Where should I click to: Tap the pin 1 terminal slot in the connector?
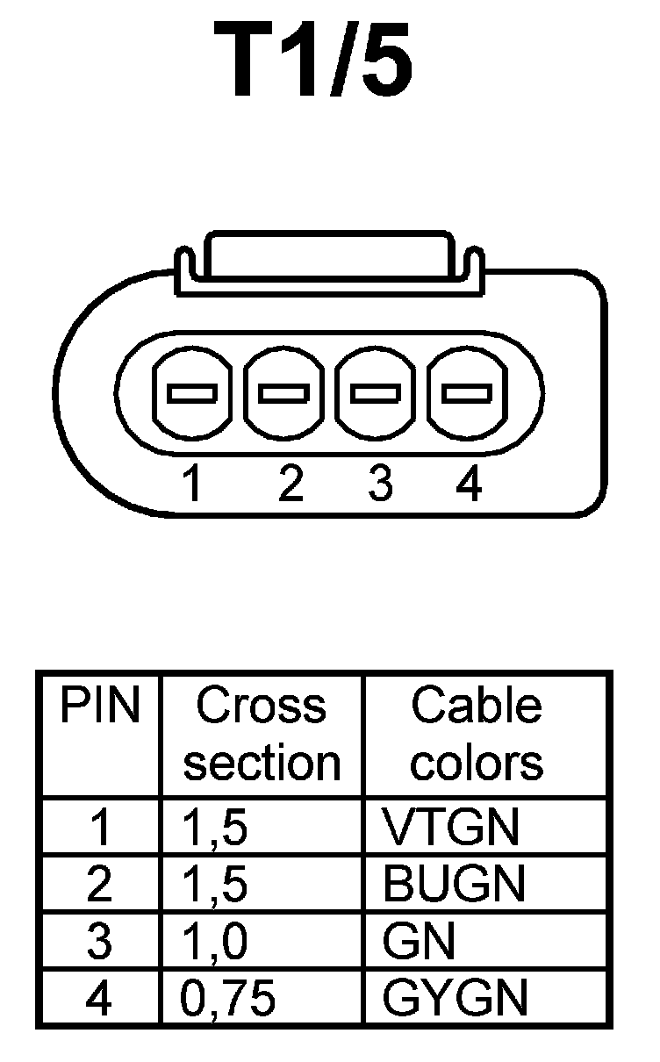coord(192,394)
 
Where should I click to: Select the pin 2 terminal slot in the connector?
coord(283,394)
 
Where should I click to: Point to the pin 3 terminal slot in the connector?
coord(375,394)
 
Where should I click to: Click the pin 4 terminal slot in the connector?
coord(466,394)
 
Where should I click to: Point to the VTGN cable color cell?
coord(451,826)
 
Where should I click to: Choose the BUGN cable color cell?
coord(454,884)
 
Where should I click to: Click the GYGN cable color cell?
coord(456,998)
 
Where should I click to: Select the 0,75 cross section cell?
coord(228,998)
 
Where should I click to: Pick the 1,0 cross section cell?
coord(216,942)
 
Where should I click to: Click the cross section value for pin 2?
coord(216,884)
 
